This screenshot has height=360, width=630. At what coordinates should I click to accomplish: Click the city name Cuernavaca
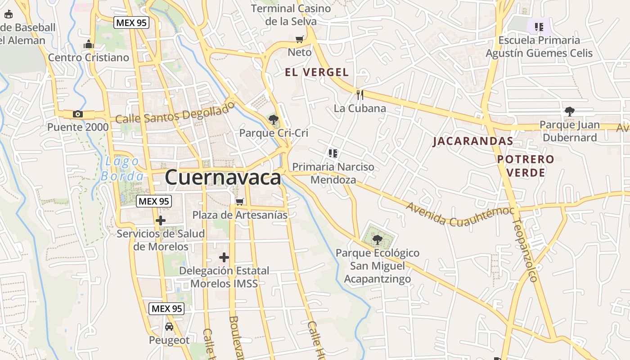[x=223, y=177]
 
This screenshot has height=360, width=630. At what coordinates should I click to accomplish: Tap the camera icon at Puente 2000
[x=78, y=114]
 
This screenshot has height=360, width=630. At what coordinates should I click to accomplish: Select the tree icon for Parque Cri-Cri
[x=273, y=119]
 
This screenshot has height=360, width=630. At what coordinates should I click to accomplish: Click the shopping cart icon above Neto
[x=299, y=39]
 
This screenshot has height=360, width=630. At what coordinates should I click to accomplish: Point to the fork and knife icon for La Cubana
[x=360, y=94]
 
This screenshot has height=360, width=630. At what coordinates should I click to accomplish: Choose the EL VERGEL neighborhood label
[x=317, y=72]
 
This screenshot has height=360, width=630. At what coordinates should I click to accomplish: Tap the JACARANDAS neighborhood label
[x=472, y=141]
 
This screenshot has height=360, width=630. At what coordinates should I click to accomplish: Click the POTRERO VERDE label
[x=526, y=166]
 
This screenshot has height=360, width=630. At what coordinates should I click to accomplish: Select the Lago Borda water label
[x=122, y=168]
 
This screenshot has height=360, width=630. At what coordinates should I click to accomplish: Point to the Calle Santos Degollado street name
[x=175, y=112]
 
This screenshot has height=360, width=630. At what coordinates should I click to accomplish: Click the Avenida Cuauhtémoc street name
[x=460, y=214]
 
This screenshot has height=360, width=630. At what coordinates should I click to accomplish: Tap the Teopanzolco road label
[x=525, y=250]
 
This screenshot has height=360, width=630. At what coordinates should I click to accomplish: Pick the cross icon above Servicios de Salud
[x=160, y=220]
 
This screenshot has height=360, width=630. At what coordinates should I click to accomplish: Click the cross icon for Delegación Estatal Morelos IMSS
[x=224, y=257]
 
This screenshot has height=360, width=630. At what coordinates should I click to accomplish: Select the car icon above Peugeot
[x=169, y=327]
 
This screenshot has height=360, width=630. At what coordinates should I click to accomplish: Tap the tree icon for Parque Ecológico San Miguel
[x=377, y=240]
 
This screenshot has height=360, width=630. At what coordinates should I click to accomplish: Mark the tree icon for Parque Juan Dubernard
[x=570, y=111]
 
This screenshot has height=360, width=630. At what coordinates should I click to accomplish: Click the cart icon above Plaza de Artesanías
[x=240, y=202]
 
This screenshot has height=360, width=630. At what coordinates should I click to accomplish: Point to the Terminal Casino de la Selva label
[x=291, y=15]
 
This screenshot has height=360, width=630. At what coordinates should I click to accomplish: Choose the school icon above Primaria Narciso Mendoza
[x=333, y=153]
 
